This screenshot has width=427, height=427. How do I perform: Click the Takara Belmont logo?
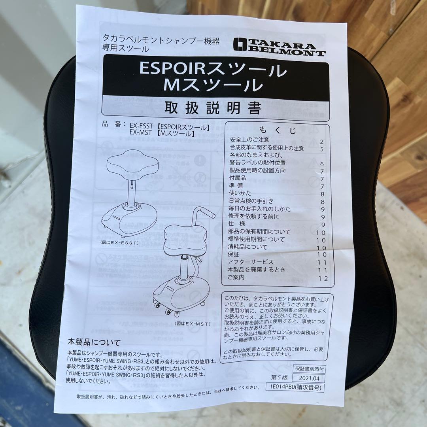pos(279,47)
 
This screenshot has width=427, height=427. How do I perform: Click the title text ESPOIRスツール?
pos(213,70)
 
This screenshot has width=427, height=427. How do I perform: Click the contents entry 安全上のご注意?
pos(249,140)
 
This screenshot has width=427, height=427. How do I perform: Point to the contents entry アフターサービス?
pos(251,262)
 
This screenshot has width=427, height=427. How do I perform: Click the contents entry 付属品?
pos(237,178)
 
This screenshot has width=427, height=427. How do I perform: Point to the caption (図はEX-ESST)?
pos(119,242)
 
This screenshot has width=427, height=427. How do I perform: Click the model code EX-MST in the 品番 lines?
pos(140,134)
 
